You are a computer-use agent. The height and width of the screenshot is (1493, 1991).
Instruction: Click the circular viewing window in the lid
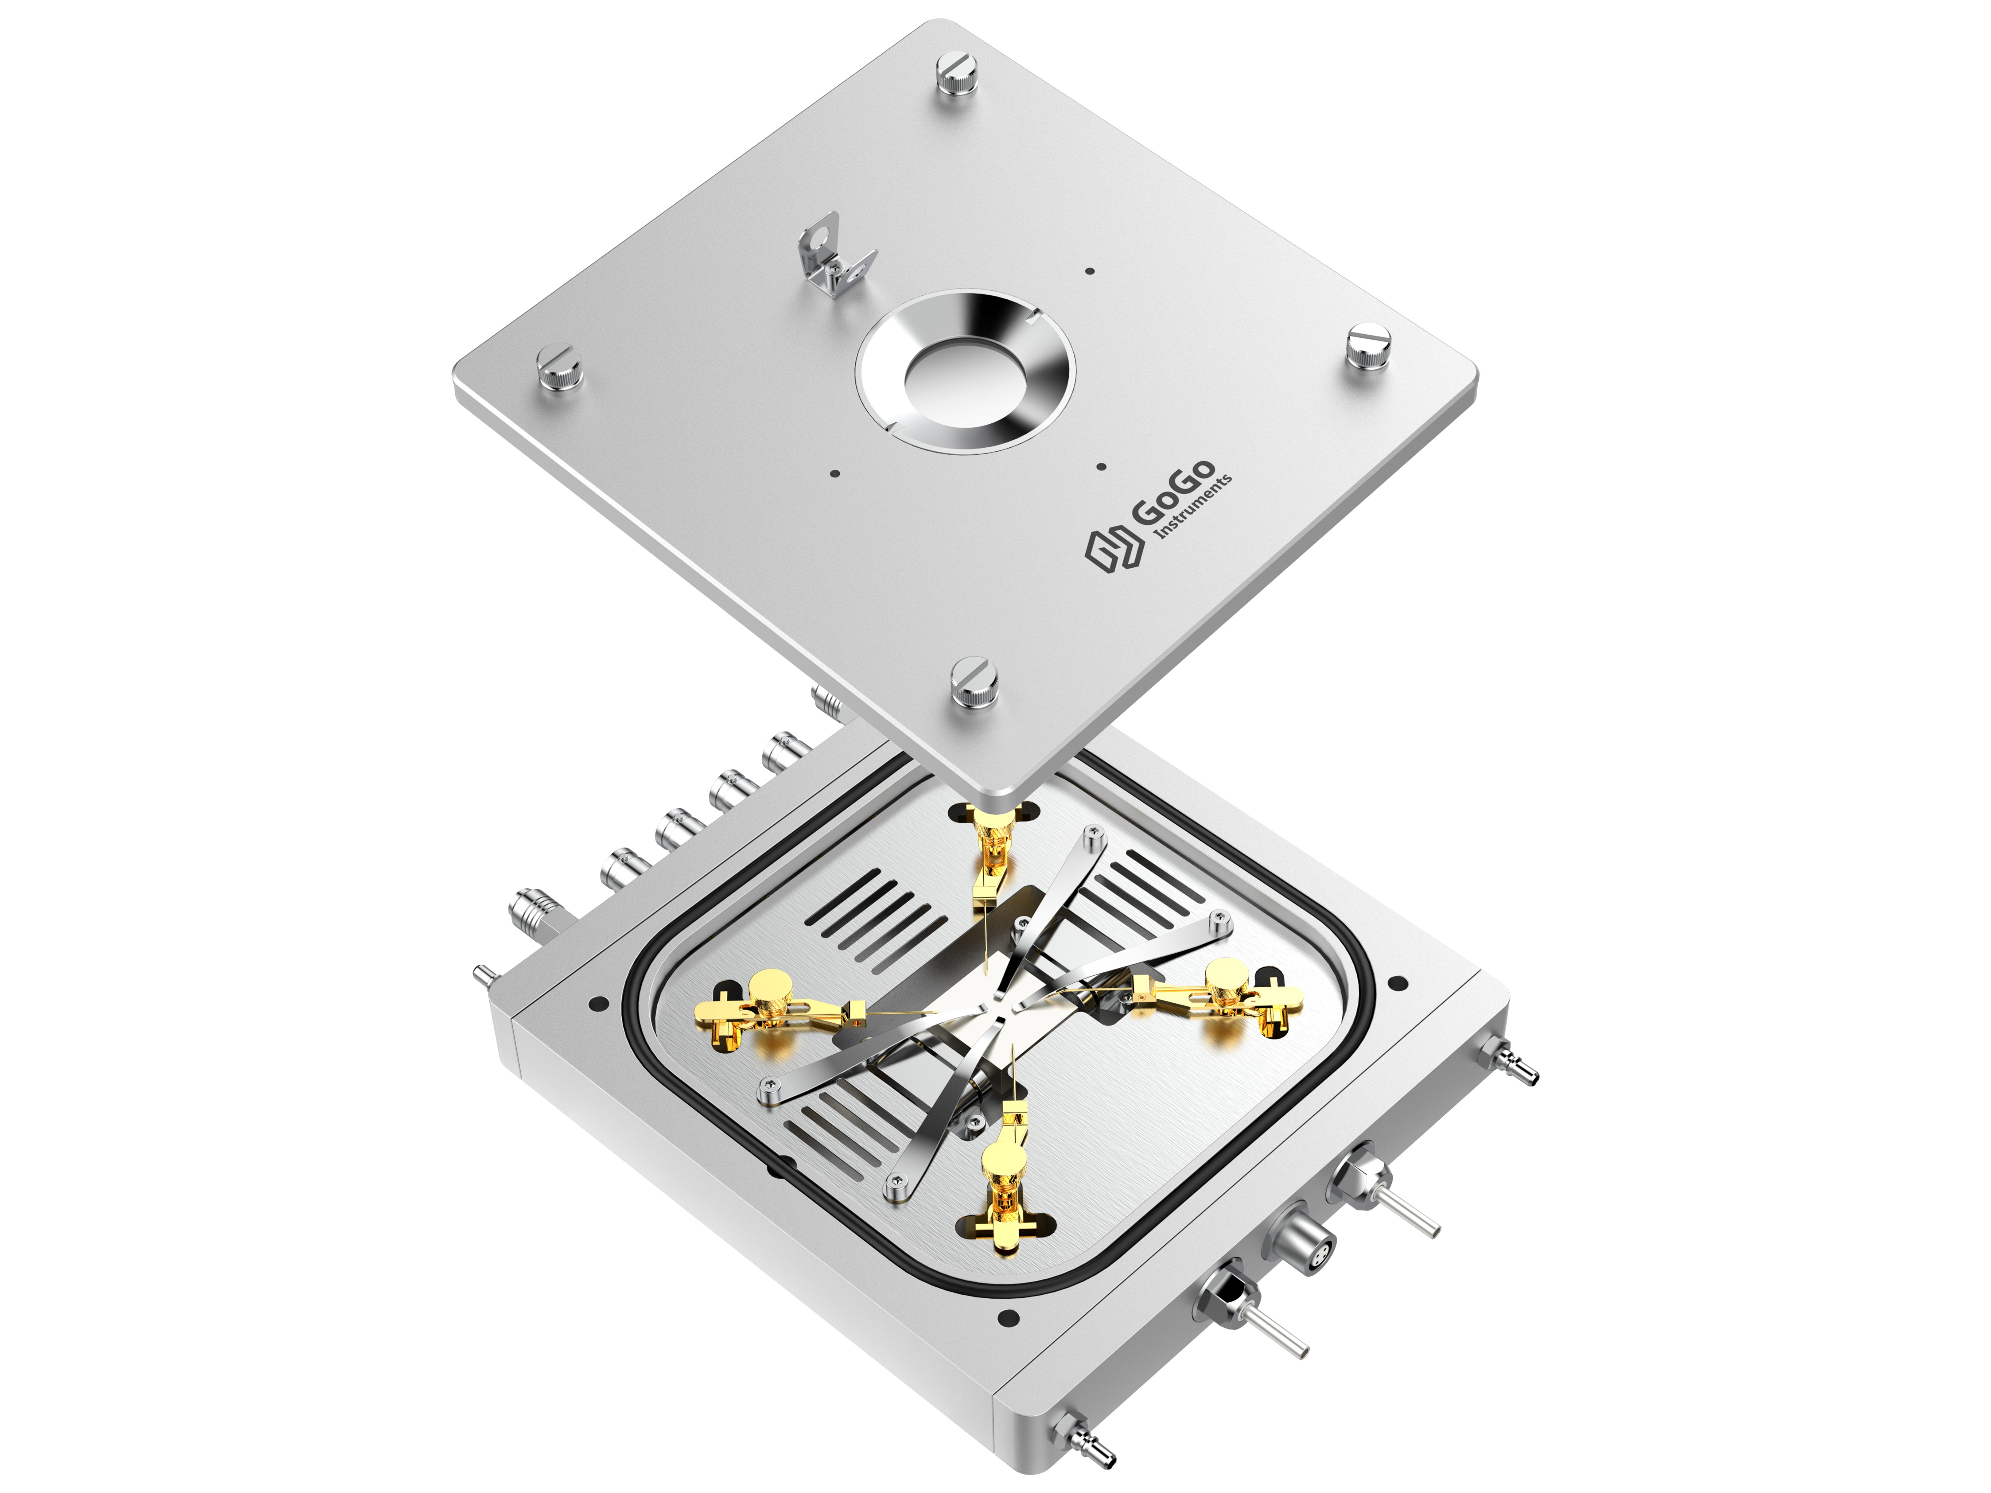(964, 370)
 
